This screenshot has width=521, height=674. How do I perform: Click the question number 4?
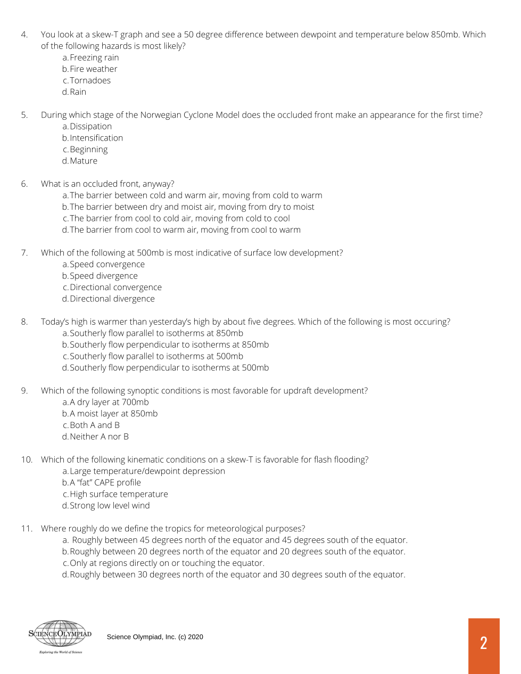24,35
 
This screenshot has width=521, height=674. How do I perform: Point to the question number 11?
27,529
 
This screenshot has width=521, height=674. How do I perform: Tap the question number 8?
24,322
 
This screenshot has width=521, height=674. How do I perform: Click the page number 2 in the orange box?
483,643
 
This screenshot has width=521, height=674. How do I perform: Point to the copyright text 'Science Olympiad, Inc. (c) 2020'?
155,637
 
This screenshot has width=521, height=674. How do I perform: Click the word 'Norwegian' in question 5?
160,115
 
